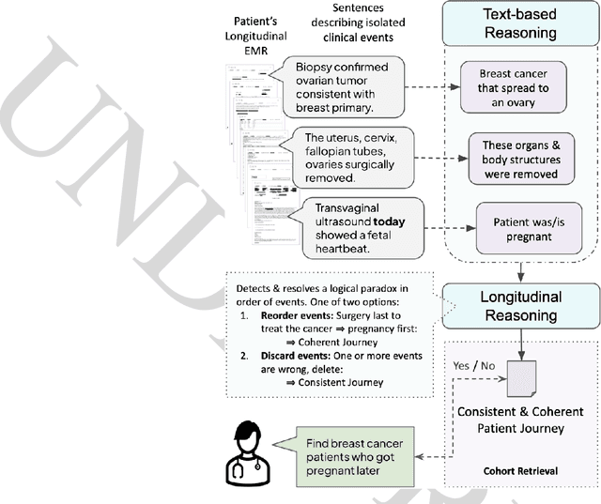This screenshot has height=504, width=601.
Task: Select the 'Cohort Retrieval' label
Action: click(x=516, y=472)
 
